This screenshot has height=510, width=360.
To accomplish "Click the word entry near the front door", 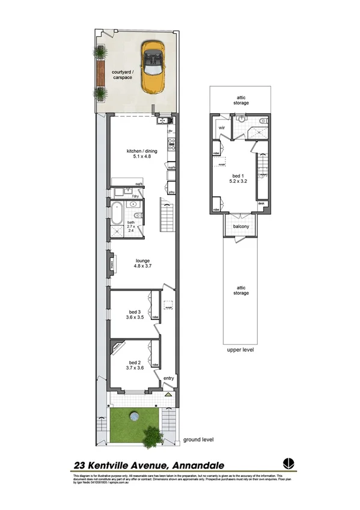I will (169, 378).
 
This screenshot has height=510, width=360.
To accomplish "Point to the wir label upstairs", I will (221, 128).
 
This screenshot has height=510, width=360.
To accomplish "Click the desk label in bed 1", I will (261, 203).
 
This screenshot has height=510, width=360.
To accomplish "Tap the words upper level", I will (240, 349).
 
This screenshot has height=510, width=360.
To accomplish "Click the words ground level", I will (199, 440).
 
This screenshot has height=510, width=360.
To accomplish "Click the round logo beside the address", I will (288, 464).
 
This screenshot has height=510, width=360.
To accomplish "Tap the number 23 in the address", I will (78, 465).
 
